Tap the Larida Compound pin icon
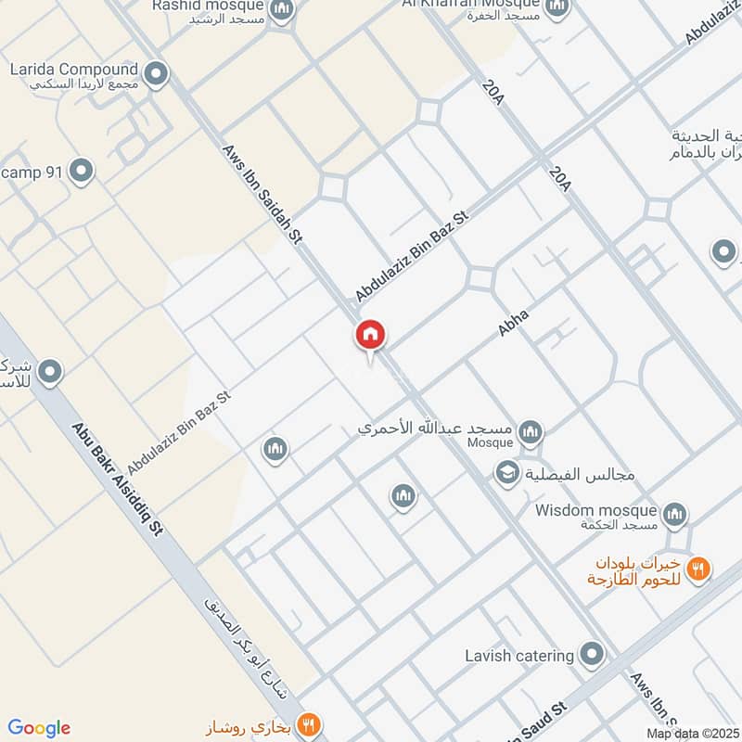(x=157, y=72)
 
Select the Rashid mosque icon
(x=283, y=11)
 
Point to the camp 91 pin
(x=82, y=171)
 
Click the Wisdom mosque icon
(x=675, y=513)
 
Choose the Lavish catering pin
(x=592, y=656)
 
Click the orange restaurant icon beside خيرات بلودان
(x=699, y=568)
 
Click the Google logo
(x=39, y=727)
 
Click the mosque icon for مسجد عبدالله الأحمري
(x=531, y=431)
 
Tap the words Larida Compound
(x=73, y=70)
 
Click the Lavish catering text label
(x=519, y=656)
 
